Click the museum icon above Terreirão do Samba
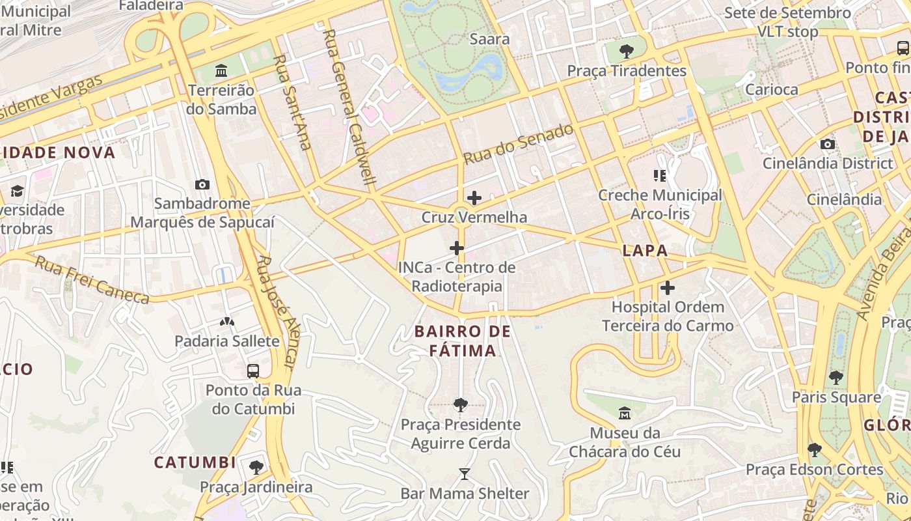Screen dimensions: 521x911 click(x=221, y=70)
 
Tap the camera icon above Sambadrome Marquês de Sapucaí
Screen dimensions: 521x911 click(x=202, y=184)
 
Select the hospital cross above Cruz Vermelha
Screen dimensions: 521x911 click(x=474, y=198)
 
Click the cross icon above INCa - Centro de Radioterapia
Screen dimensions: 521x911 click(x=457, y=248)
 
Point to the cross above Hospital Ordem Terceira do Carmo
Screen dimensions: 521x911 click(x=668, y=288)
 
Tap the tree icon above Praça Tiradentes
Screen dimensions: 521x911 click(x=627, y=51)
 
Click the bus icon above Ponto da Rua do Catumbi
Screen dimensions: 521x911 click(x=253, y=371)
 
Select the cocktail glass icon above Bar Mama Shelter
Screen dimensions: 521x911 click(x=464, y=474)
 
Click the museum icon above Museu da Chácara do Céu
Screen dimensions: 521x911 click(x=625, y=414)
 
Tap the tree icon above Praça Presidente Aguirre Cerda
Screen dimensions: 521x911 click(x=461, y=405)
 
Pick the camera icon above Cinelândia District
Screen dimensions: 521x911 click(x=828, y=144)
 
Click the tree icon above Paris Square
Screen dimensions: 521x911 click(x=836, y=377)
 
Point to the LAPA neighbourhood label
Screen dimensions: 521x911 click(x=645, y=251)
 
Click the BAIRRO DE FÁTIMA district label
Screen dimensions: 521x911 click(x=463, y=341)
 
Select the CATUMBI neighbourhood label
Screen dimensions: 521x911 click(x=195, y=462)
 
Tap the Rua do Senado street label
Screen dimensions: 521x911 click(x=519, y=144)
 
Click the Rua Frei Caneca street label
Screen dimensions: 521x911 click(x=92, y=281)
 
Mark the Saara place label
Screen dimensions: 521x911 click(x=489, y=39)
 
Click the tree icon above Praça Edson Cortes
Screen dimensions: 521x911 click(x=814, y=449)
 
